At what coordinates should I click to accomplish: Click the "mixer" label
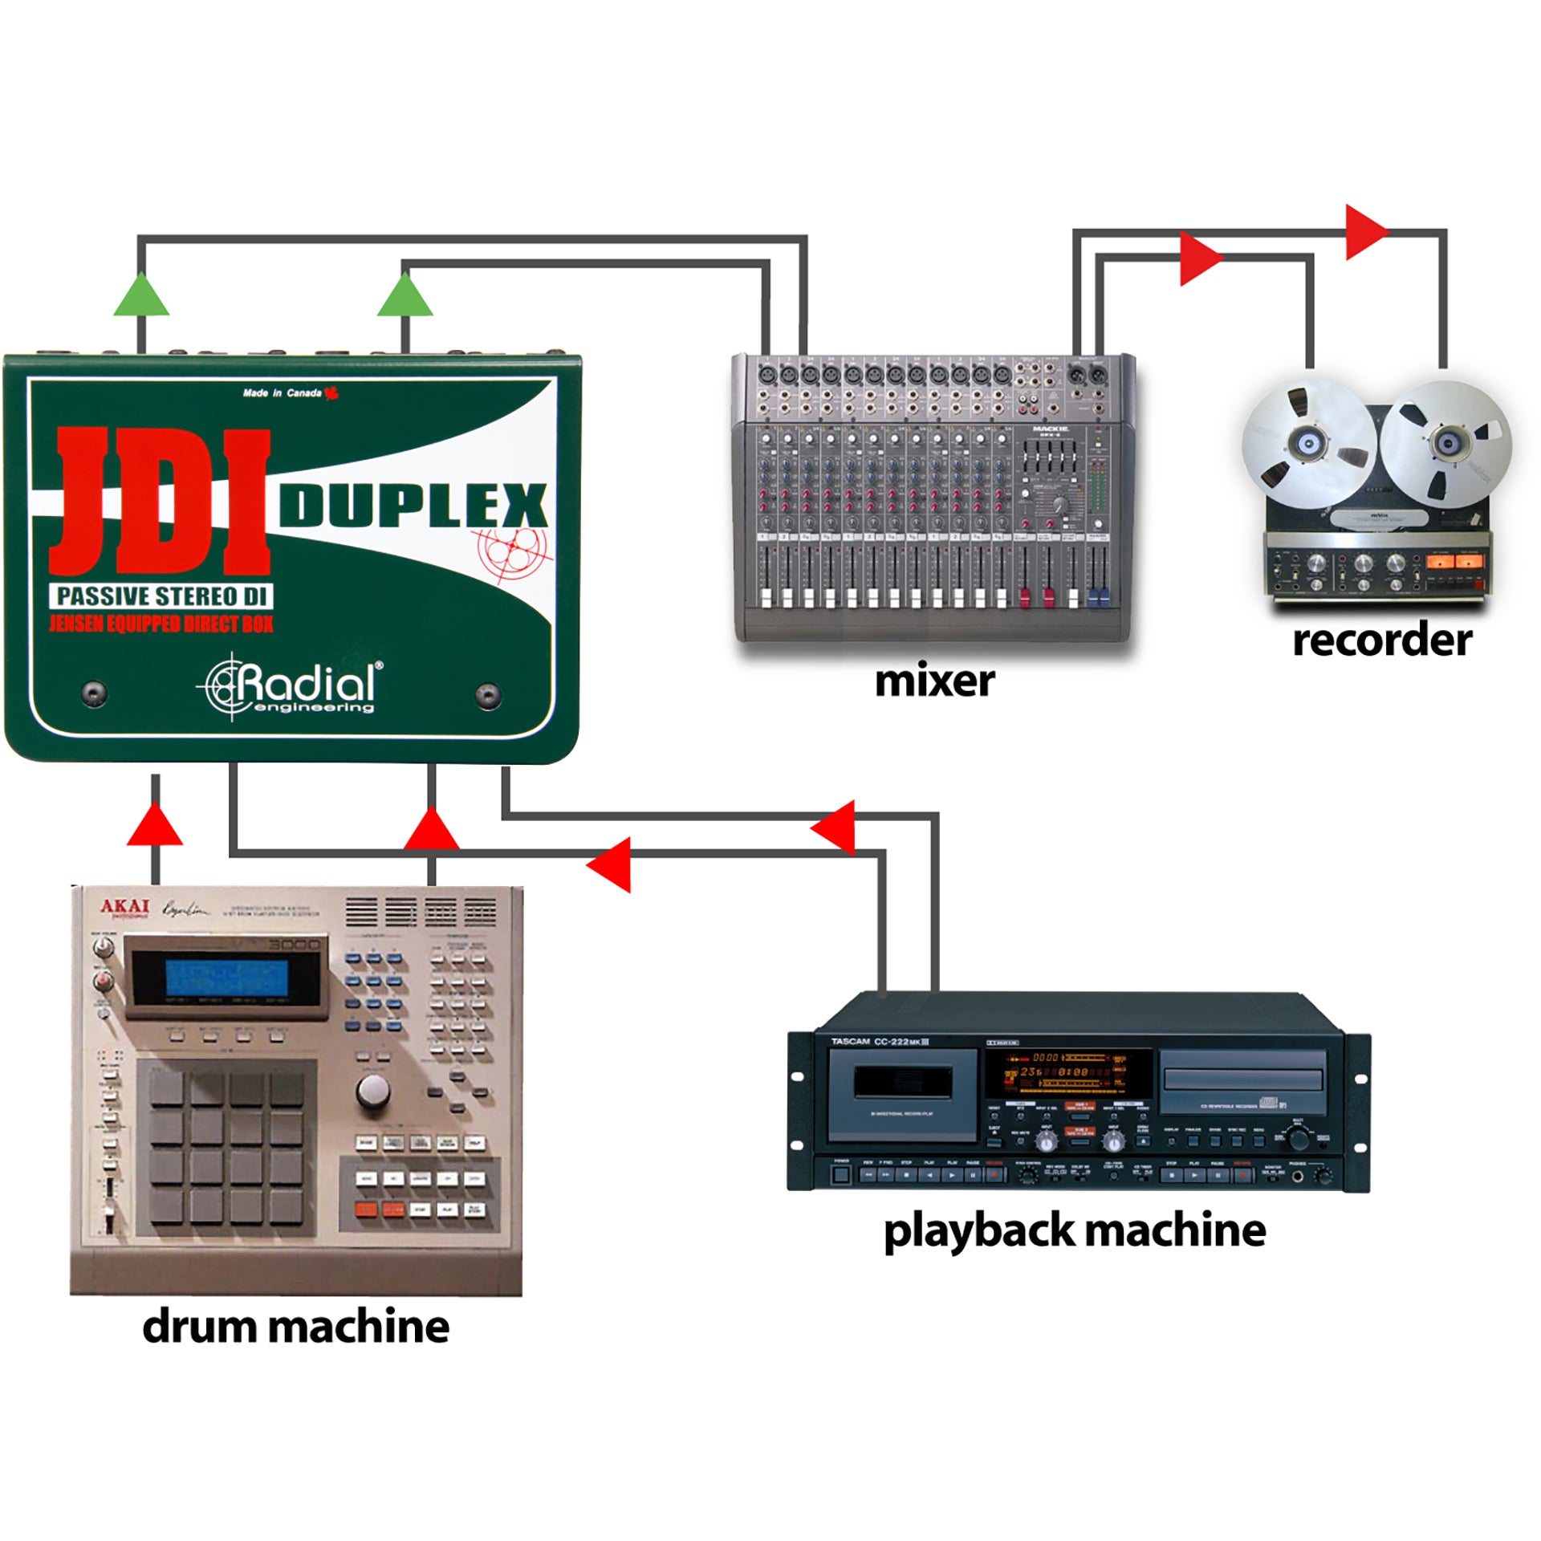(934, 681)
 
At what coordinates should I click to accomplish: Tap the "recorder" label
(1382, 640)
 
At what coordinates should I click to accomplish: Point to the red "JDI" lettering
(161, 502)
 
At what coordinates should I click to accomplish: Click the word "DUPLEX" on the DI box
(413, 506)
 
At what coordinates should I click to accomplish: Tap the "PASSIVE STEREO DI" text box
(161, 596)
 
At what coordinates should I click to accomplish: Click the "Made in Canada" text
(283, 393)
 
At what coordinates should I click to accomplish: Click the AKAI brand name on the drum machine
(124, 907)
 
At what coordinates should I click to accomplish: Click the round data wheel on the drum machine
(373, 1090)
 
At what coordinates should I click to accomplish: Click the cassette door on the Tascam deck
(902, 1084)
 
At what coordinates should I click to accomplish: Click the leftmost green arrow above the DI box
(141, 295)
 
